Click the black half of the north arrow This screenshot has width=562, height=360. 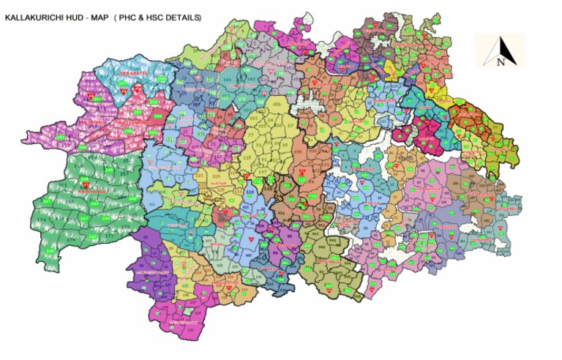(x=499, y=48)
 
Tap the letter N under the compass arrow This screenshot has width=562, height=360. (x=501, y=62)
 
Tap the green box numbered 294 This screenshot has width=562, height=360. (x=157, y=116)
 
